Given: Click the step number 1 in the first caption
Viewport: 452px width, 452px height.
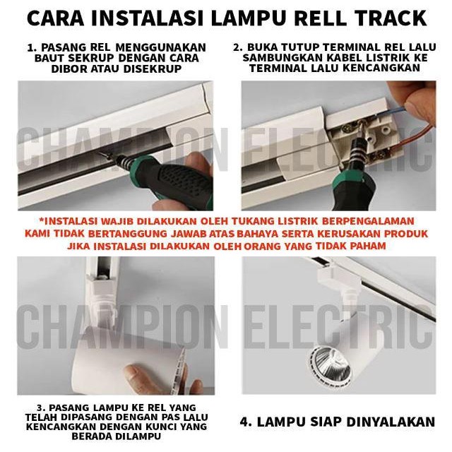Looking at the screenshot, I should click(x=30, y=48).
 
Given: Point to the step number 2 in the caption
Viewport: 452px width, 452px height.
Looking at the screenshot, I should click(x=238, y=48).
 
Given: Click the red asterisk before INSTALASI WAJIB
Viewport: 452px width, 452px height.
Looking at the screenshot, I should click(x=42, y=220).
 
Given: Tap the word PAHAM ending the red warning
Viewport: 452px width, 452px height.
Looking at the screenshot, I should click(x=369, y=246).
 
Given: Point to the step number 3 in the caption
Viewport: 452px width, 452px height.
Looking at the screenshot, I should click(x=40, y=408).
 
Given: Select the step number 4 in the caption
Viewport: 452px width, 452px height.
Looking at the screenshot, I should click(x=244, y=422).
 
